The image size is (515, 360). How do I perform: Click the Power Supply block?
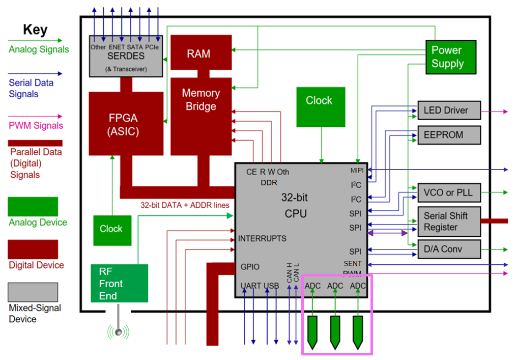pyautogui.click(x=450, y=57)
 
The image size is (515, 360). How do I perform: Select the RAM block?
pyautogui.click(x=201, y=52)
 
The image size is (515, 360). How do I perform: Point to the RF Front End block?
pyautogui.click(x=119, y=283)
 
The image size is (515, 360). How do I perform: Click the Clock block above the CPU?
pyautogui.click(x=321, y=106)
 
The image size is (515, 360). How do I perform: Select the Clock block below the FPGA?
pyautogui.click(x=111, y=230)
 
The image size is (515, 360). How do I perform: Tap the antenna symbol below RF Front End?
pyautogui.click(x=118, y=331)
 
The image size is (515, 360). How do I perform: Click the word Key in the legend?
pyautogui.click(x=35, y=30)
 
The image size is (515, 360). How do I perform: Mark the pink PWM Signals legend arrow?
pyautogui.click(x=35, y=117)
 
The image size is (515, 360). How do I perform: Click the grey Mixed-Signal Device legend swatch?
pyautogui.click(x=33, y=292)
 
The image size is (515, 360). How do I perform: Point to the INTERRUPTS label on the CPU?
pyautogui.click(x=262, y=238)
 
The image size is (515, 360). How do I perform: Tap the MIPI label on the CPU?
pyautogui.click(x=357, y=170)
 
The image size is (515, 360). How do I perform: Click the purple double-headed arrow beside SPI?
pyautogui.click(x=387, y=233)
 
